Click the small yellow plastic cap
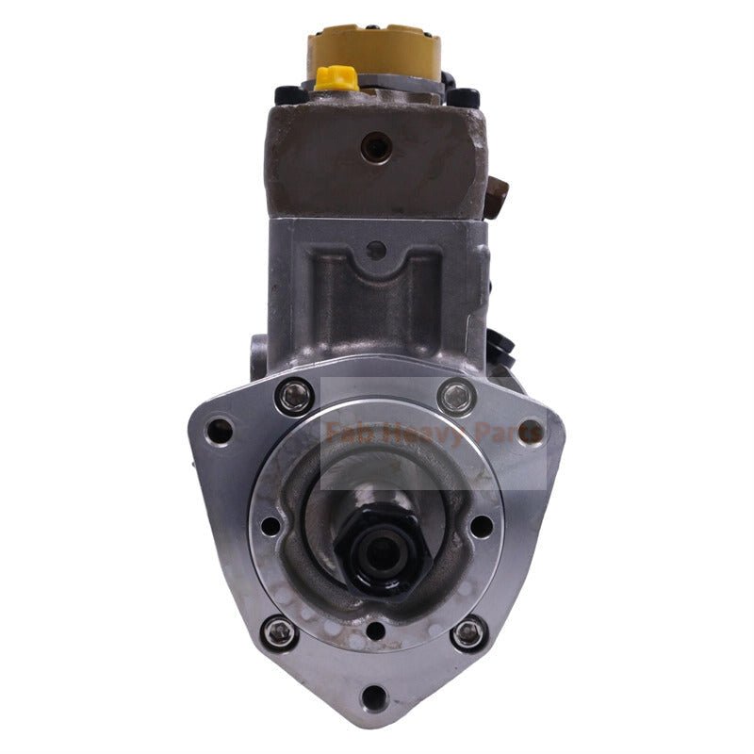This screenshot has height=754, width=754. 336,78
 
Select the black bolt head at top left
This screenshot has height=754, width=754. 286,95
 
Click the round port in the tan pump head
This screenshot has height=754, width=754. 376,146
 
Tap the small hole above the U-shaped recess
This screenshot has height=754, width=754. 376,251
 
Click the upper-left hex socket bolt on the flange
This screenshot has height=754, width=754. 292,395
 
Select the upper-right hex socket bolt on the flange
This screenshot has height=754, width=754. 458,395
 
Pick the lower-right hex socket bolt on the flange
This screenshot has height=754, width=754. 468,633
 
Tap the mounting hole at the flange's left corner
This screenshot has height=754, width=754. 220,432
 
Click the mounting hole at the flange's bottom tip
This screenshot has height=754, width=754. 374,698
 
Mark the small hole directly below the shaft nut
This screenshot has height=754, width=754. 375,631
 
